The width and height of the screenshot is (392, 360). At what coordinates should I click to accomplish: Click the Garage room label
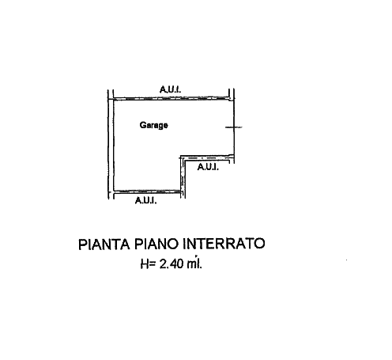(x=153, y=125)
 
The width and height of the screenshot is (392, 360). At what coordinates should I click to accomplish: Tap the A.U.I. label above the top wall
(x=171, y=89)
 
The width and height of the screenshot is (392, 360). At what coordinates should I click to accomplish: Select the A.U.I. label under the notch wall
(x=208, y=167)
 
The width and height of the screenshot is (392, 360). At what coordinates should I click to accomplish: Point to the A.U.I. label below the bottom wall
(x=145, y=200)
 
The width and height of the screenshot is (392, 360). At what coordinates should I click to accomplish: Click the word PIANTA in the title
(x=104, y=244)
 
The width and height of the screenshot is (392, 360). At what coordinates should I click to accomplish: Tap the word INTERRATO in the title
(x=224, y=244)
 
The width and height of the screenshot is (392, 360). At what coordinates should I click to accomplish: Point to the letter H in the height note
(x=145, y=263)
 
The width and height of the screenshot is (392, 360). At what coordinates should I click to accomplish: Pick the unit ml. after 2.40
(x=194, y=263)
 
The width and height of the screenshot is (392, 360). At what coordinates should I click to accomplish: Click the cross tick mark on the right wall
(x=234, y=127)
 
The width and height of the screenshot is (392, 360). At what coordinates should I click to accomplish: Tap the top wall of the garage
(x=171, y=99)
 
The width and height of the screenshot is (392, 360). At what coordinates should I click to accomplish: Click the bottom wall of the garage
(x=148, y=191)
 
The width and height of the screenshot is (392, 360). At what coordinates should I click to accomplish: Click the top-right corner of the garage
(x=234, y=99)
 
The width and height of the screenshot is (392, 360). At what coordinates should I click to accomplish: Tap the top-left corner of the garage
(x=114, y=100)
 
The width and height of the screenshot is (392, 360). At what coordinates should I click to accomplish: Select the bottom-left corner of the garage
(x=114, y=191)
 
